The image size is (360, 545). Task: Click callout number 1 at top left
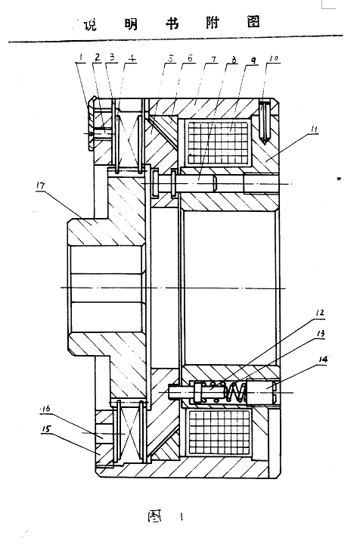coord(80,57)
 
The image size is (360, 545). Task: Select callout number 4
coord(132,58)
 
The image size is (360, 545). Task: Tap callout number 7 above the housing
coord(214,59)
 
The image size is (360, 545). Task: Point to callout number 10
coord(274,58)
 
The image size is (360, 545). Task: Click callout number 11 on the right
coord(314,129)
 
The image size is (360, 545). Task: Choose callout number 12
coord(320,313)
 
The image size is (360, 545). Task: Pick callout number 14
coord(322,359)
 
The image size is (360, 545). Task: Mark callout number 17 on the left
coord(41,185)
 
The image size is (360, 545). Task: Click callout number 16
coord(45,409)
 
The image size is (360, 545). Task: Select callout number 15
coord(46,429)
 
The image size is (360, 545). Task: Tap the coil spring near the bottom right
coord(236,392)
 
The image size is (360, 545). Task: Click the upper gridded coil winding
coord(219,142)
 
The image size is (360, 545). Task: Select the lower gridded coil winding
coord(219,432)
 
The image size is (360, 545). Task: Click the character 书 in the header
coord(172,23)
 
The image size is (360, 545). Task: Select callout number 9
coord(253,61)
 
